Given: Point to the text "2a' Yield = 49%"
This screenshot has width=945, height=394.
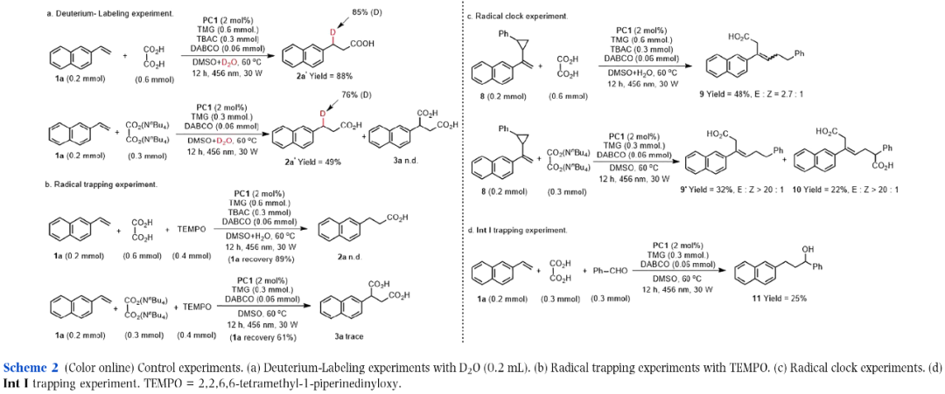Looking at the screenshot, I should point(321,162).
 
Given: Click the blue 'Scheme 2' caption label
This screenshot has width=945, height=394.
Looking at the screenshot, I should point(31,367).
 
